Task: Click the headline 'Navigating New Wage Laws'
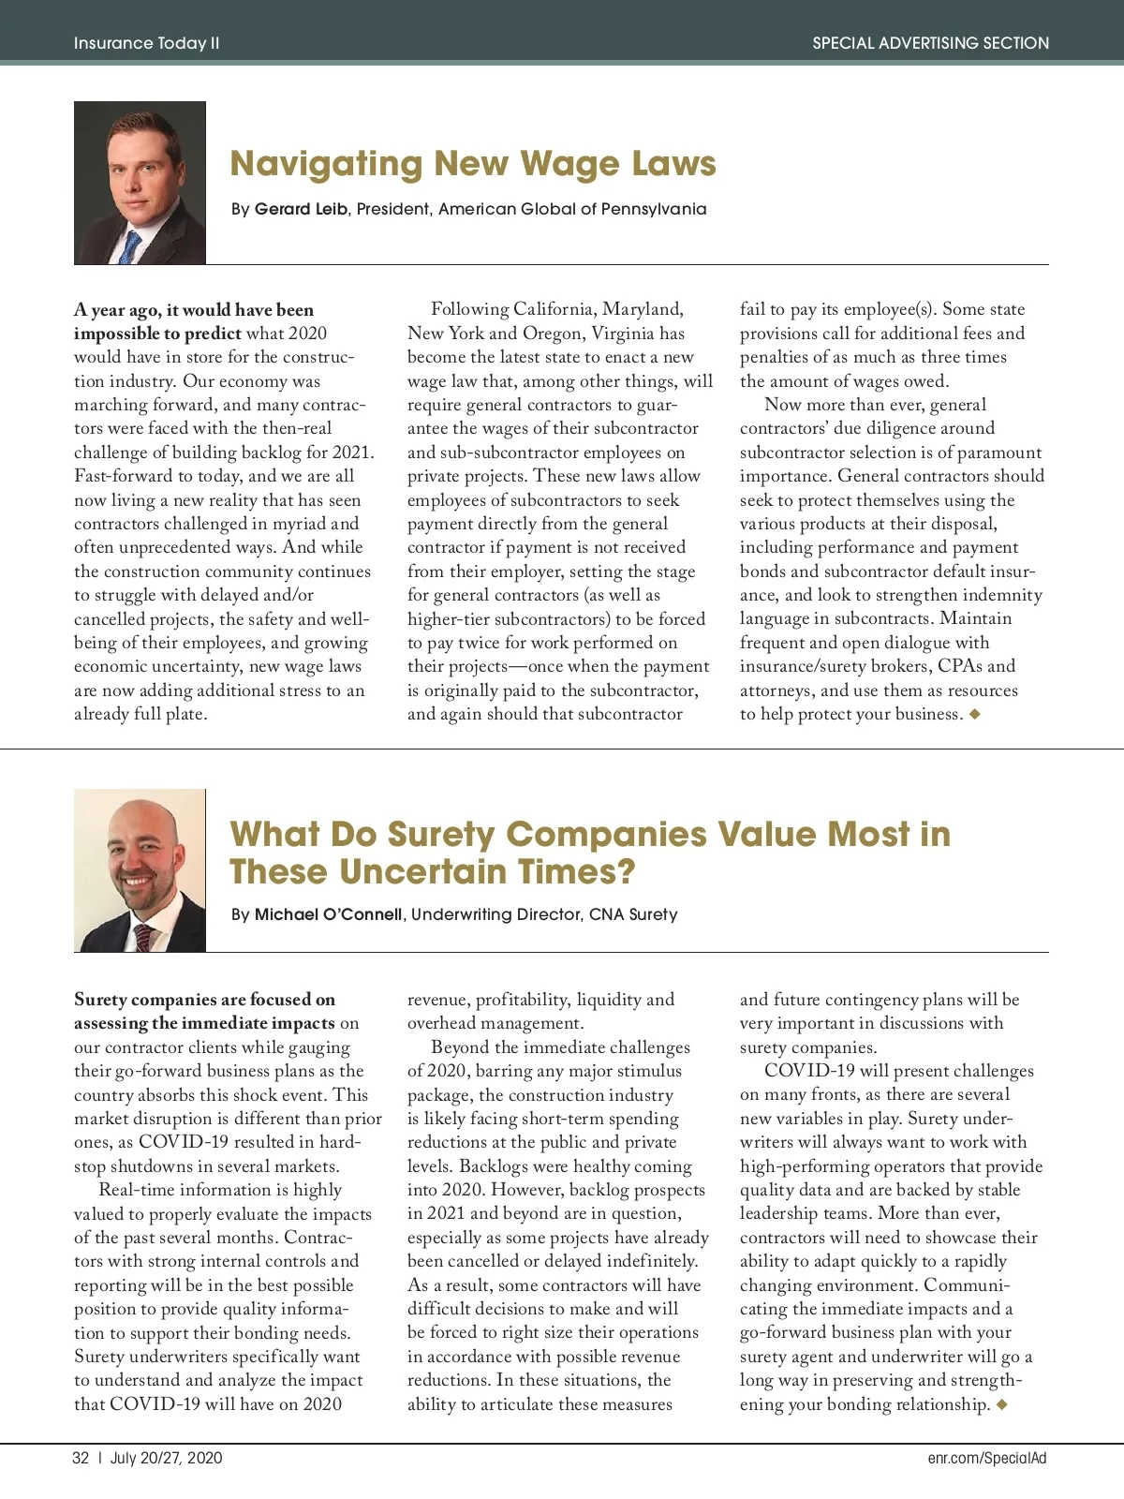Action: click(x=473, y=164)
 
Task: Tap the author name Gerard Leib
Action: click(x=301, y=209)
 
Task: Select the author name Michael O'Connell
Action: click(x=328, y=914)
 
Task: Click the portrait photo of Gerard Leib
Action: click(x=140, y=183)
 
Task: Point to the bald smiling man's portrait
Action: click(x=140, y=870)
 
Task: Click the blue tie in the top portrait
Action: click(x=130, y=246)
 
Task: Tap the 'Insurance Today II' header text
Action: click(x=147, y=43)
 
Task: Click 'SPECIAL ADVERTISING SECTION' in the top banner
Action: click(x=930, y=43)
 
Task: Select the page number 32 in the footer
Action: click(x=81, y=1458)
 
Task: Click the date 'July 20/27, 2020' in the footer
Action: click(x=167, y=1458)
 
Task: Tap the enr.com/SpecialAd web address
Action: click(x=987, y=1458)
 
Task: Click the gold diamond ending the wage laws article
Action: click(x=975, y=714)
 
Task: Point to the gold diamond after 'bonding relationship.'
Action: click(x=1002, y=1404)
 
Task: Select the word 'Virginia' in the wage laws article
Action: click(x=623, y=334)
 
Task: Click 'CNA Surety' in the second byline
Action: click(x=633, y=914)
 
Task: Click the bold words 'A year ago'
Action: click(x=116, y=310)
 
